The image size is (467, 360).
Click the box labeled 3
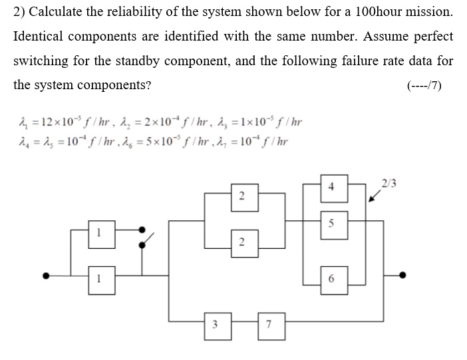(x=214, y=325)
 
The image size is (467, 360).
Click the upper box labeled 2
(x=241, y=196)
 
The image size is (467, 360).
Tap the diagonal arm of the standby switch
(x=149, y=238)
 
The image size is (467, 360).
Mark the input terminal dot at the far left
(x=46, y=275)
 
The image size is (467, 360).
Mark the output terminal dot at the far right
(x=402, y=275)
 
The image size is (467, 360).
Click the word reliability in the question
(x=116, y=13)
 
